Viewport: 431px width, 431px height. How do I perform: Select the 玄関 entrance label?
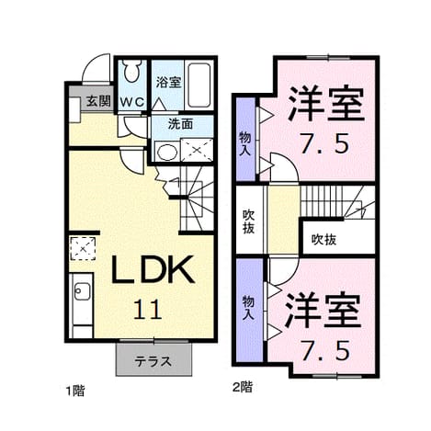coord(98,101)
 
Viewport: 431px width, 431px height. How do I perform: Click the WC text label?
coord(131,102)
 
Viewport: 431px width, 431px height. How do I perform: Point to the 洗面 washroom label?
coord(180,124)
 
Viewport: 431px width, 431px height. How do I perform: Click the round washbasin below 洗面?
coord(167,152)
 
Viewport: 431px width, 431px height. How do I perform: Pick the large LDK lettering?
coord(153,269)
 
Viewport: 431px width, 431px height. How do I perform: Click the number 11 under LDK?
coord(147,309)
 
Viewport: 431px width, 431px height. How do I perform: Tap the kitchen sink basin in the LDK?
coord(82,291)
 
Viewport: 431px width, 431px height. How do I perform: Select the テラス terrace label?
coord(153,361)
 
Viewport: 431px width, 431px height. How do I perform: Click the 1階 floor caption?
coord(75,391)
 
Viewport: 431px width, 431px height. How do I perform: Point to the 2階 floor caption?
coord(243,387)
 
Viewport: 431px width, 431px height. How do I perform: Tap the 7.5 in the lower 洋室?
coord(324,351)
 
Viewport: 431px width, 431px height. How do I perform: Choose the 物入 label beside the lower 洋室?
coord(248,308)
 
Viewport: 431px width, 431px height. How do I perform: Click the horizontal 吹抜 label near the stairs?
coord(323,239)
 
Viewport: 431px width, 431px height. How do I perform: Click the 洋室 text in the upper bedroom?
coord(326,103)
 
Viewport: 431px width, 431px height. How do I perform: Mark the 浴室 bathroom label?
coord(168,82)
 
